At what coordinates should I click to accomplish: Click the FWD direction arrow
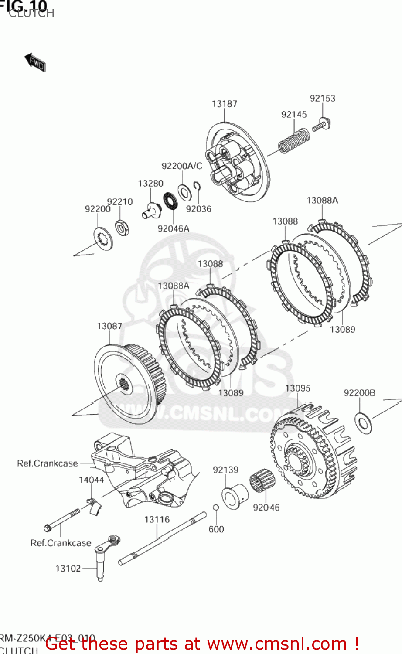(35, 62)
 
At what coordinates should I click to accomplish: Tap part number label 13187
(224, 104)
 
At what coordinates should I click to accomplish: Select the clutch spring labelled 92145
(294, 140)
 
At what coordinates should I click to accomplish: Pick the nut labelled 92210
(121, 227)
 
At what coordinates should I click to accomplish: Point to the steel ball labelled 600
(215, 507)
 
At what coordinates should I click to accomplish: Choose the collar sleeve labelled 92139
(235, 496)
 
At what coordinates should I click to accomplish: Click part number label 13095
(297, 388)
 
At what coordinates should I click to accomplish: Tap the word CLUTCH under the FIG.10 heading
(31, 14)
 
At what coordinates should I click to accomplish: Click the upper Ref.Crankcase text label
(47, 463)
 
